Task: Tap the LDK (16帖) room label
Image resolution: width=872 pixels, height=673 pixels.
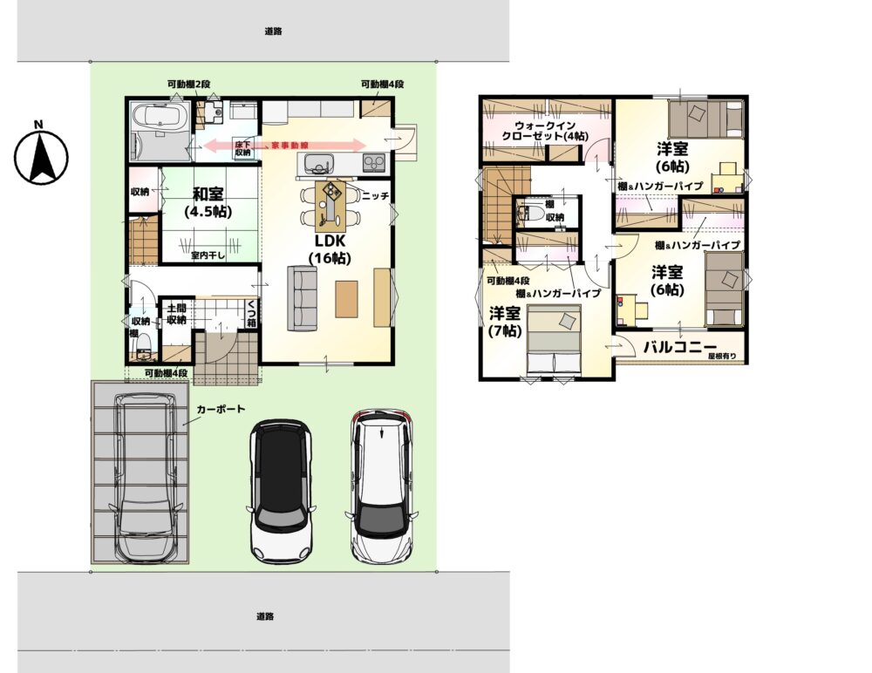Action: pyautogui.click(x=330, y=249)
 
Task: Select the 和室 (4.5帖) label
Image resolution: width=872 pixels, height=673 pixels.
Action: pyautogui.click(x=208, y=202)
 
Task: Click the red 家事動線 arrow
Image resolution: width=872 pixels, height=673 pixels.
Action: pyautogui.click(x=285, y=146)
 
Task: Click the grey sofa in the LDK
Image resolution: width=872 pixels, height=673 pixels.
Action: pyautogui.click(x=302, y=299)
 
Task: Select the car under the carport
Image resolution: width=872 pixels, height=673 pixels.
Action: pyautogui.click(x=146, y=477)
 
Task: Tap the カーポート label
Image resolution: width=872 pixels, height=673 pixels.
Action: pyautogui.click(x=221, y=409)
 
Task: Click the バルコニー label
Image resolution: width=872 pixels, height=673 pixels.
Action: pyautogui.click(x=680, y=347)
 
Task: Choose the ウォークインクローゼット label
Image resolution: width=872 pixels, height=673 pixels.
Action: pyautogui.click(x=545, y=131)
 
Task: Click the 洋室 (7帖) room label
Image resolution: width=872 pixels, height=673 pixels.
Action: pyautogui.click(x=505, y=322)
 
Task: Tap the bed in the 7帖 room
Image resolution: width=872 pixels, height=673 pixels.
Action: pyautogui.click(x=554, y=339)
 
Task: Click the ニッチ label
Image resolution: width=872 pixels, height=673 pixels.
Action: pyautogui.click(x=375, y=196)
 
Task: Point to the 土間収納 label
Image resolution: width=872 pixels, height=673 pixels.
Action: pyautogui.click(x=176, y=314)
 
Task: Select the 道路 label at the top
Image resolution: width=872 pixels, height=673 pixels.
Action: pyautogui.click(x=273, y=31)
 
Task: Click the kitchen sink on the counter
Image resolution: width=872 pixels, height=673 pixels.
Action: pyautogui.click(x=318, y=164)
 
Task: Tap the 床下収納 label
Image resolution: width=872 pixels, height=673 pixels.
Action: pyautogui.click(x=242, y=148)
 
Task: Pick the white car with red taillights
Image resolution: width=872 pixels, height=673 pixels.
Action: pyautogui.click(x=382, y=486)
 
